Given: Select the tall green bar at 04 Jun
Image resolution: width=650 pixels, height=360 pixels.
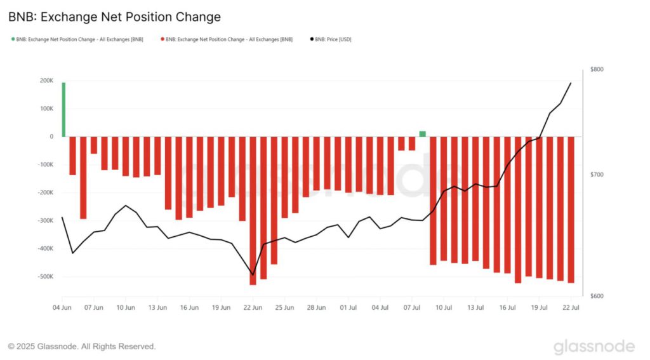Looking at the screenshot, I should [63, 109].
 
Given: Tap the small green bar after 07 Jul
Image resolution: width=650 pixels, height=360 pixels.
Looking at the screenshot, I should [423, 133].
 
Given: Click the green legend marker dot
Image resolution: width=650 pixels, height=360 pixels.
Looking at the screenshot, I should [12, 39].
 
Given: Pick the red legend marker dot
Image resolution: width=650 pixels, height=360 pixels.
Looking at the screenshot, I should [162, 39].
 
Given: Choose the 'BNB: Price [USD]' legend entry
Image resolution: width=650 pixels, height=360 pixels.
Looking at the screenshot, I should [333, 39].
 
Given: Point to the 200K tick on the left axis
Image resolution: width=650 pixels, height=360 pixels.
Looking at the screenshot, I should [46, 81].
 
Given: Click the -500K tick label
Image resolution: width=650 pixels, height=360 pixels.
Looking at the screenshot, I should [44, 277].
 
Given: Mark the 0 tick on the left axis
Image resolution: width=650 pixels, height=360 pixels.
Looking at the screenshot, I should [52, 137].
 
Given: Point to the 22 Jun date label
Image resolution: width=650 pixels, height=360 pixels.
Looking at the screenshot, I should [253, 307].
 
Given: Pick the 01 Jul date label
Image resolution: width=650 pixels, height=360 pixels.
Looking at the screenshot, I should [348, 307].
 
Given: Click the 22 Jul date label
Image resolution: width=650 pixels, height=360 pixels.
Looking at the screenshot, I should [571, 307].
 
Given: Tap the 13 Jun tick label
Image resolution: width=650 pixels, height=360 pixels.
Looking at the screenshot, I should [157, 307].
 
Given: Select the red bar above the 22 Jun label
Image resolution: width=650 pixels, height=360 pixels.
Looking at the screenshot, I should [253, 210].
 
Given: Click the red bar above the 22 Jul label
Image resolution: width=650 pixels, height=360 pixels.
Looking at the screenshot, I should [571, 210].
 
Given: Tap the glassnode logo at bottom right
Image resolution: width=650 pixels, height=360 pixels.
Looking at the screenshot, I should [594, 347].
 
